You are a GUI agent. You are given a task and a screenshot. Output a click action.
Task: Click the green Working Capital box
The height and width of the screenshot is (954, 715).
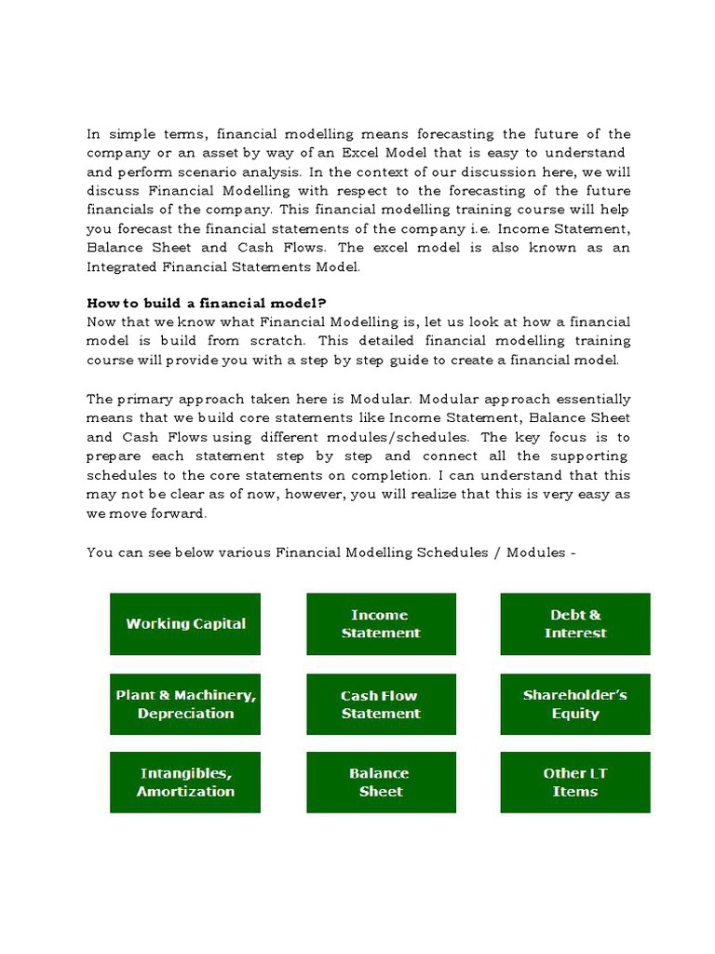(x=185, y=624)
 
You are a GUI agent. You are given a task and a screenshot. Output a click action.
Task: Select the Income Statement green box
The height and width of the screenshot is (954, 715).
(x=381, y=624)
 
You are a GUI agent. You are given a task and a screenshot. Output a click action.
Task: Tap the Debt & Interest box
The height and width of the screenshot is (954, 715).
(x=575, y=624)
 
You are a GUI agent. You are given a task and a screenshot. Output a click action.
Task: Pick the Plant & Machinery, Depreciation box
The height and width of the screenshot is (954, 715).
(x=185, y=704)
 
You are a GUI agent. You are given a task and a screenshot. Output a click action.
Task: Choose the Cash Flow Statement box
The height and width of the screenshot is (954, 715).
(x=381, y=704)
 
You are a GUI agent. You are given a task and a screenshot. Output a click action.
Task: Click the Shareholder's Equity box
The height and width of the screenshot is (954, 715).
(x=575, y=704)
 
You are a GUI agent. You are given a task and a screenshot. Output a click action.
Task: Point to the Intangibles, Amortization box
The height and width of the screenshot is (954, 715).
(x=185, y=783)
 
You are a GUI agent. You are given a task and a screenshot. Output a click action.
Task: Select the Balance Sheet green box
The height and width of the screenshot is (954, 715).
(x=381, y=783)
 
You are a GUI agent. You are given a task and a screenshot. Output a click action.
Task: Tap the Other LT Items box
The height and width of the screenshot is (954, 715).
(x=575, y=783)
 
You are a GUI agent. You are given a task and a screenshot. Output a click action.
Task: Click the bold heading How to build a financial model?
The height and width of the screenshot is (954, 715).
(x=207, y=304)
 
